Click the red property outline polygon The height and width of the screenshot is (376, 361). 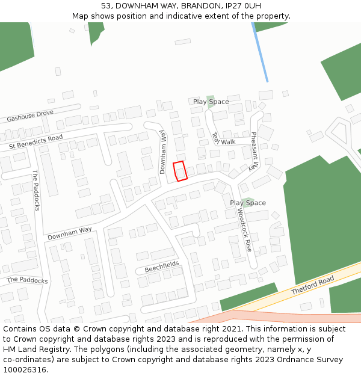180,171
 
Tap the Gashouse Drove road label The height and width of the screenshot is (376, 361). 30,116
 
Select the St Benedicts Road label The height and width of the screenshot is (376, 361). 35,142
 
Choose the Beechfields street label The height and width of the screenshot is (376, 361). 162,267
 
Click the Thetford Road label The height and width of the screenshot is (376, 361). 312,286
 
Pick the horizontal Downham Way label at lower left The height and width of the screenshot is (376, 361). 70,233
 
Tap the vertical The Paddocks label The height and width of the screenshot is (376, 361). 36,191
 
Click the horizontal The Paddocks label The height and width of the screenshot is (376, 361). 27,280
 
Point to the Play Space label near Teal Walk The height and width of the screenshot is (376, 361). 211,102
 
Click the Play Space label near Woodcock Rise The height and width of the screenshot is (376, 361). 247,203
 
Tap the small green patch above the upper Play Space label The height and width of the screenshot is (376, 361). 210,97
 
